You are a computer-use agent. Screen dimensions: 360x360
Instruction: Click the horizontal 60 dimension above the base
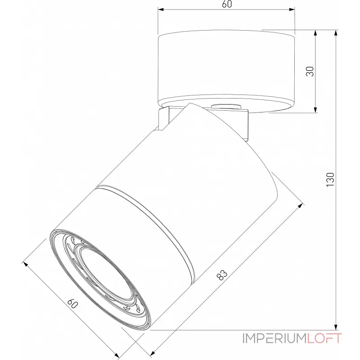[x=227, y=4]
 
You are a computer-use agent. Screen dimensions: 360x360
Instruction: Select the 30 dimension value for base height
[x=310, y=71]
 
